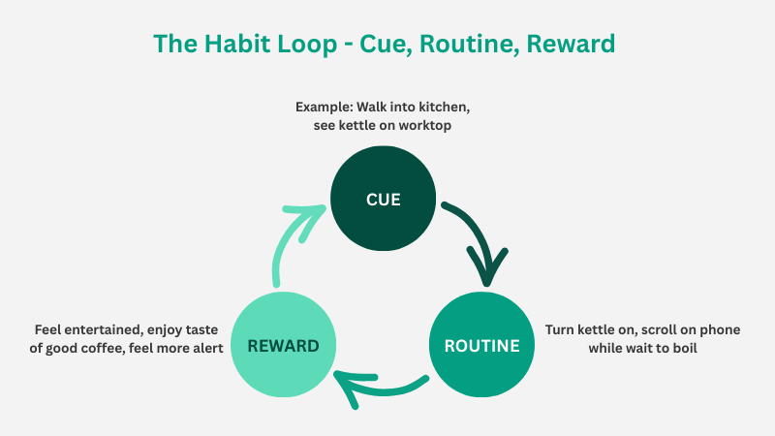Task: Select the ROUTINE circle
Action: pos(481,345)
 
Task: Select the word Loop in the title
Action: pos(312,45)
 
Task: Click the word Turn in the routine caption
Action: pos(562,329)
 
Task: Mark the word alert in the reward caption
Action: pos(204,347)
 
